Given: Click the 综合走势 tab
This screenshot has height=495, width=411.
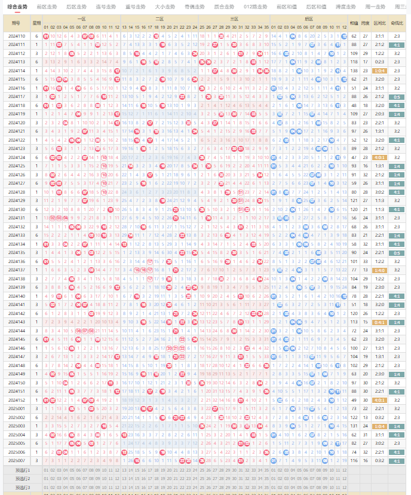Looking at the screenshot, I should tap(17, 7).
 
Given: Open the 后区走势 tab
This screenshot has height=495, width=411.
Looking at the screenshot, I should tap(76, 7).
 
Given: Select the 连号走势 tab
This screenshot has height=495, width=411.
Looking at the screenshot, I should tap(106, 7).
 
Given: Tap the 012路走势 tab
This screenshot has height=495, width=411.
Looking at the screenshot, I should tap(255, 7).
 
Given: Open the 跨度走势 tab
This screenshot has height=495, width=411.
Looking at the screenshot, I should tap(345, 7).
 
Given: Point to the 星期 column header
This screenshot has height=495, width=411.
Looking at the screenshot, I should tap(37, 23).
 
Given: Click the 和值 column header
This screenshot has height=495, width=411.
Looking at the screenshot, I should tap(354, 23).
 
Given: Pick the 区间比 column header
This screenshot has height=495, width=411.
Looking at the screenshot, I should tap(380, 23).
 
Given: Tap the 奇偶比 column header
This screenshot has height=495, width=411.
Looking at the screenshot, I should tap(397, 23).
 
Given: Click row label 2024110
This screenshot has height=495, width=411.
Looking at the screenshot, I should tap(17, 36).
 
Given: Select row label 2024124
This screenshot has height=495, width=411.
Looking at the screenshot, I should tap(17, 157).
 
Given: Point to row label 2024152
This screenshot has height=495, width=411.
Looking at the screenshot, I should tap(17, 399).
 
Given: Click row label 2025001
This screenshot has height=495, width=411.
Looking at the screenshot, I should tap(17, 408).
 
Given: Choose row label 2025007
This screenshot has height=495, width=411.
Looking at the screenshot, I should tap(17, 460).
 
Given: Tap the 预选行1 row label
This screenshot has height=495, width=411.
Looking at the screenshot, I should tap(23, 470).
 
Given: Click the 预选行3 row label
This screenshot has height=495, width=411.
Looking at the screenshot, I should tap(23, 487).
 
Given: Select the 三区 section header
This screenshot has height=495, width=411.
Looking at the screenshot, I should tap(234, 19).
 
